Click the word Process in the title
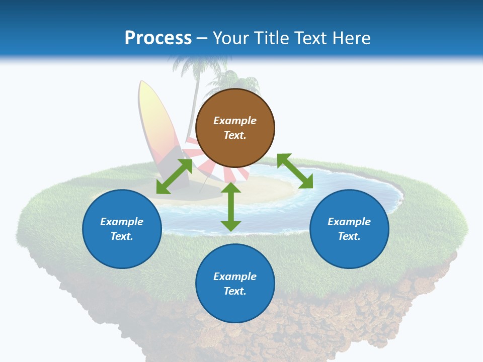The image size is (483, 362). point(158,38)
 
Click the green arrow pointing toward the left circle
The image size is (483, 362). point(174,176)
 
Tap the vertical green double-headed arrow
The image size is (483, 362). point(231,207)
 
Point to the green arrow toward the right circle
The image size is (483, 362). point(295,171)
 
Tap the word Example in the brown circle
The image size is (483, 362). point(235,121)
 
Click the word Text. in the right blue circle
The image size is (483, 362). point(349,236)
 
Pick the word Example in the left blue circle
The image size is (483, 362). point(122,222)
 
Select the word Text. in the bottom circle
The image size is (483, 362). point(235,291)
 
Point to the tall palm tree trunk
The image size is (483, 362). point(194,106)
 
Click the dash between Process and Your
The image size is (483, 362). point(202,38)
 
